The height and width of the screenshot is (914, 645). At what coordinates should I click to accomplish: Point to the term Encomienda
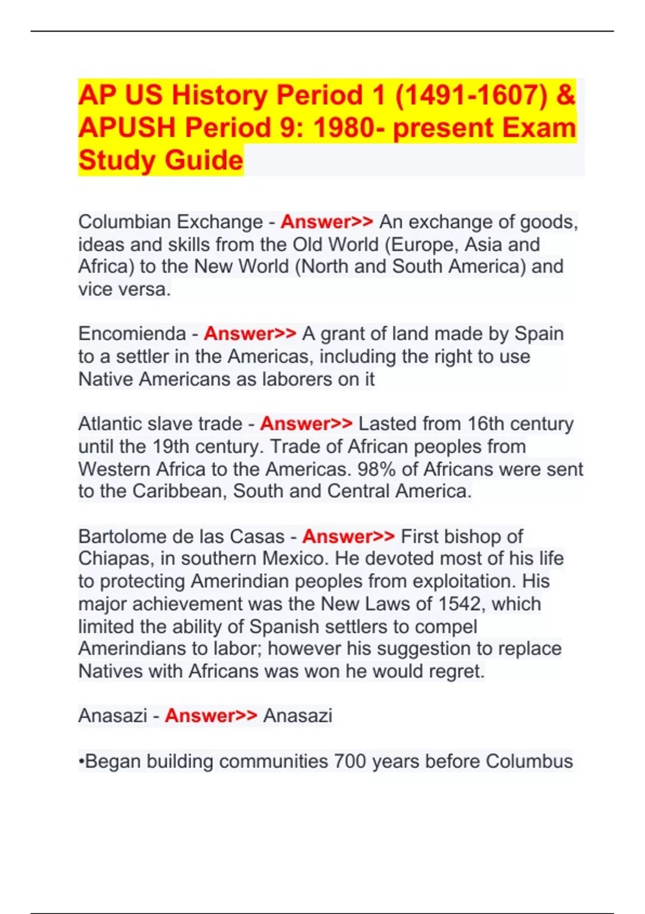tap(132, 334)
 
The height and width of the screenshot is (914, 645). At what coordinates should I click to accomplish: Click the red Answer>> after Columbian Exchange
tap(327, 222)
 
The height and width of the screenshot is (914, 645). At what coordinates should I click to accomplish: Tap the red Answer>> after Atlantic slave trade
tap(306, 424)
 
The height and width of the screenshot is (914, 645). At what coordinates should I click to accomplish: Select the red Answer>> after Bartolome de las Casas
tap(348, 537)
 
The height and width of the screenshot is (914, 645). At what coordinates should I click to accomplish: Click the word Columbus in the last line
tap(529, 761)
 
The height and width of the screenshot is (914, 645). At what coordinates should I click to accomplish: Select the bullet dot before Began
tap(82, 762)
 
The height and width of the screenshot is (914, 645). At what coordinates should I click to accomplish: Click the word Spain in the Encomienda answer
tap(539, 334)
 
